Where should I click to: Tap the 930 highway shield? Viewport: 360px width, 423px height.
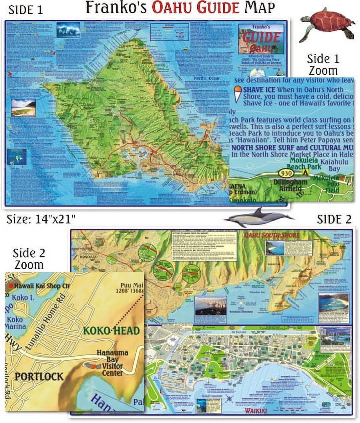(x=287, y=173)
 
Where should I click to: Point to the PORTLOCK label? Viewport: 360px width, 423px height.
(x=39, y=377)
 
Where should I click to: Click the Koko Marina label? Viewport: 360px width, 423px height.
(x=16, y=323)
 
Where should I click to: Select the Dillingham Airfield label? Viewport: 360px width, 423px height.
(x=290, y=185)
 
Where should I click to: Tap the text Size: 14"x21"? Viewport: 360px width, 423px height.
(x=41, y=220)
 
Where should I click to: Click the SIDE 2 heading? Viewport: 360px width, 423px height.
(x=334, y=219)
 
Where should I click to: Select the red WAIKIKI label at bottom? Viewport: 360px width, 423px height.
(x=256, y=411)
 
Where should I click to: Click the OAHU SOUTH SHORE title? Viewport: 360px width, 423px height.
(x=272, y=235)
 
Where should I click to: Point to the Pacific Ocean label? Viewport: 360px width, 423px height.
(x=207, y=78)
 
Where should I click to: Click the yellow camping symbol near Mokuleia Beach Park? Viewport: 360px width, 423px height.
(x=305, y=172)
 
